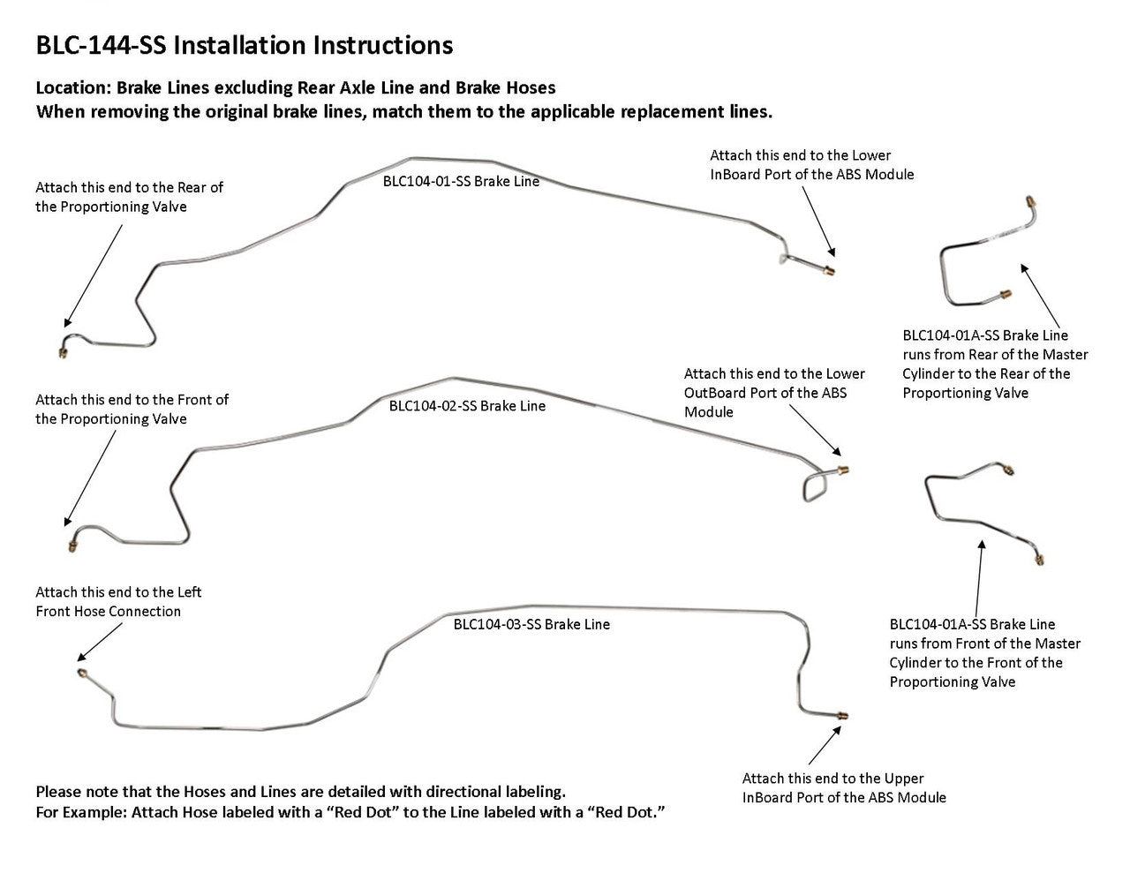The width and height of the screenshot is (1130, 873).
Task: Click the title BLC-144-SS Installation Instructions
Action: coord(244,46)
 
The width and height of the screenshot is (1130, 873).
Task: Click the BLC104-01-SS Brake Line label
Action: coord(460,181)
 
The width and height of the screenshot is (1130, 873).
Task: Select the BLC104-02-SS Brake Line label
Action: coord(467,406)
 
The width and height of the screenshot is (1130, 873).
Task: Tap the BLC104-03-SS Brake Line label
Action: coord(531,624)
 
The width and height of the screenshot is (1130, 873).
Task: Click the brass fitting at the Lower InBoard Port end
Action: coord(830,269)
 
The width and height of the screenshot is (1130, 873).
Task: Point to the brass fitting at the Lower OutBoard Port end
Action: coord(843,470)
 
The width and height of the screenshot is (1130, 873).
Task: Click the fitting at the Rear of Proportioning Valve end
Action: coord(63,353)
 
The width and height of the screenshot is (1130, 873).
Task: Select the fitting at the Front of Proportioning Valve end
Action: coord(72,546)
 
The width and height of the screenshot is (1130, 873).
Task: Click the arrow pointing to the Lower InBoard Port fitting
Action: coord(817,221)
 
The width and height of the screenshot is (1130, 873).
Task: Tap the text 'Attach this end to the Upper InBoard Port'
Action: coord(843,787)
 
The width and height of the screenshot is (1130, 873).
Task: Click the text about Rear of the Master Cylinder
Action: coord(995,364)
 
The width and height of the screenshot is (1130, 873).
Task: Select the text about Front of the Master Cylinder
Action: coord(984,653)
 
